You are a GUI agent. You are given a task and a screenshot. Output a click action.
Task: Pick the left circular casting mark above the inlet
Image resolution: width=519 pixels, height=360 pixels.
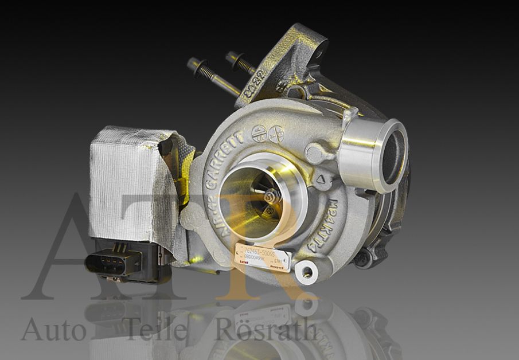[x=259, y=132]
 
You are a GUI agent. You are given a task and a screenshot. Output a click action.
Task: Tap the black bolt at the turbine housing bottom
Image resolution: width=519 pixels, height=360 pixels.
[x=362, y=257]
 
